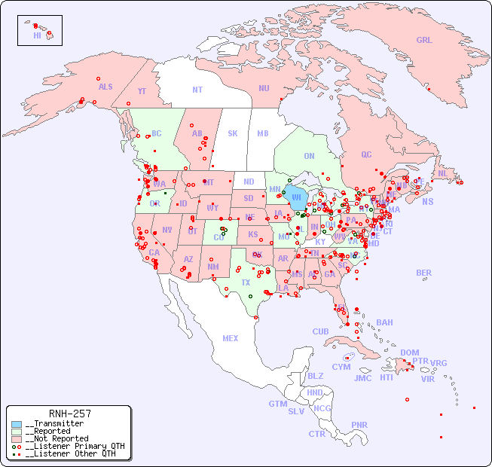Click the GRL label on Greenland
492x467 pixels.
pyautogui.click(x=424, y=41)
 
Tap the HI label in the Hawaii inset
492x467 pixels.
pyautogui.click(x=37, y=35)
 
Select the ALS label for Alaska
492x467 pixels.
pyautogui.click(x=105, y=87)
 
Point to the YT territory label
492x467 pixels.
pyautogui.click(x=142, y=91)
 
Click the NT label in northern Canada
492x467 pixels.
pyautogui.click(x=197, y=89)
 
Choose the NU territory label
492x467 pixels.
pyautogui.click(x=264, y=88)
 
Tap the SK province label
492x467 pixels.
pyautogui.click(x=233, y=133)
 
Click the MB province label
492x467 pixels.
pyautogui.click(x=263, y=133)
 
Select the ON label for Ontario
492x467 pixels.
pyautogui.click(x=309, y=156)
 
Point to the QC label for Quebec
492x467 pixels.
pyautogui.click(x=366, y=154)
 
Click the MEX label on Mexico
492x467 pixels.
pyautogui.click(x=231, y=338)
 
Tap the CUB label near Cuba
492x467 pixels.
pyautogui.click(x=320, y=331)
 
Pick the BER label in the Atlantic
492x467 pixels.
pyautogui.click(x=424, y=273)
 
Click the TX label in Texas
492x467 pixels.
pyautogui.click(x=246, y=282)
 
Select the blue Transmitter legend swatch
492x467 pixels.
pyautogui.click(x=17, y=424)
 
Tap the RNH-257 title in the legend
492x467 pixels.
pyautogui.click(x=69, y=414)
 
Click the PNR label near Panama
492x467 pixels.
pyautogui.click(x=359, y=425)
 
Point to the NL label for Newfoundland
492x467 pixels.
pyautogui.click(x=443, y=173)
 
